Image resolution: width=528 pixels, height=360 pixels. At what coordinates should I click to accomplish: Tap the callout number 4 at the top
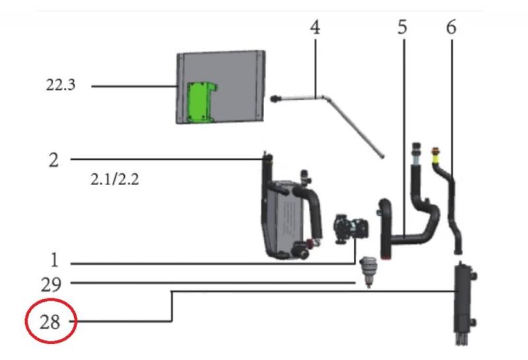(x=315, y=28)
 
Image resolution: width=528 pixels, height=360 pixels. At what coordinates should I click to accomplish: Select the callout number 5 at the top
(x=403, y=28)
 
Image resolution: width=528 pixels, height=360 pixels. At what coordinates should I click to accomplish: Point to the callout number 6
(x=452, y=28)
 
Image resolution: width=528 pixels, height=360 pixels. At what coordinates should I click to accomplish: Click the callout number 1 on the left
(x=54, y=262)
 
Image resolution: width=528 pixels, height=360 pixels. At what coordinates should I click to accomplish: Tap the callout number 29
(x=51, y=285)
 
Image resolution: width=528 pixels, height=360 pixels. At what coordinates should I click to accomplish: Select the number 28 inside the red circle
(x=50, y=322)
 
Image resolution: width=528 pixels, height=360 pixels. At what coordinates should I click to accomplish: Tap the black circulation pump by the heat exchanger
(x=348, y=227)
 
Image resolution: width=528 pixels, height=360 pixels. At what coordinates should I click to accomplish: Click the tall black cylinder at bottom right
(x=463, y=297)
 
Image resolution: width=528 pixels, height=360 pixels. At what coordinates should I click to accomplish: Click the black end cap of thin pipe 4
(x=274, y=99)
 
